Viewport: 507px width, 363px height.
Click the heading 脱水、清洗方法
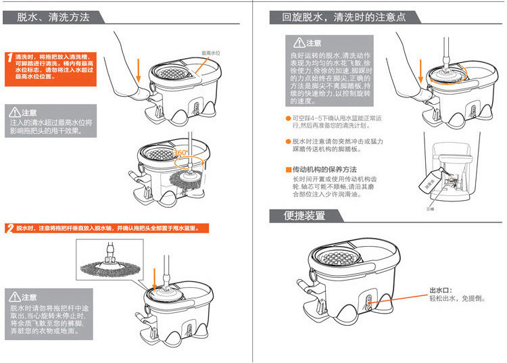[x=55, y=18]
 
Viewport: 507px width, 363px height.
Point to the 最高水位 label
[x=211, y=52]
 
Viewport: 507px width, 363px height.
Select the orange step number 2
[x=9, y=228]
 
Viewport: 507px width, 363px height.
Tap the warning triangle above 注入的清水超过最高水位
[x=15, y=111]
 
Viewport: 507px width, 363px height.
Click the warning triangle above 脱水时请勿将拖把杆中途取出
[x=15, y=297]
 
